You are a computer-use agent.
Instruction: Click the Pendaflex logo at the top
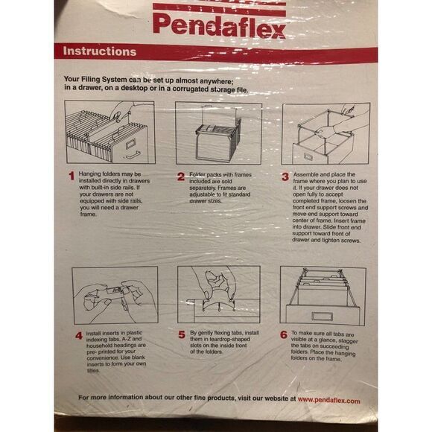pyautogui.click(x=218, y=24)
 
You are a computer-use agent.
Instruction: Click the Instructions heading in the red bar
pyautogui.click(x=100, y=52)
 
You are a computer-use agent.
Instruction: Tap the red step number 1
pyautogui.click(x=72, y=177)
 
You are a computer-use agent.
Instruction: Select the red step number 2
pyautogui.click(x=181, y=177)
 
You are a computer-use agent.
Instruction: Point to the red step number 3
pyautogui.click(x=285, y=177)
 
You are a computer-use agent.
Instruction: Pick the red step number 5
pyautogui.click(x=182, y=335)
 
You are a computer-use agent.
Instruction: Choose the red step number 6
pyautogui.click(x=284, y=334)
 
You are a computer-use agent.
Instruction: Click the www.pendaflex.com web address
pyautogui.click(x=329, y=401)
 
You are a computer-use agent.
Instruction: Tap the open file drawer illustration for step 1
pyautogui.click(x=109, y=132)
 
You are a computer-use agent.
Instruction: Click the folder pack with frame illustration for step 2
pyautogui.click(x=218, y=133)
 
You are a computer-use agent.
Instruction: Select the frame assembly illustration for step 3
pyautogui.click(x=325, y=133)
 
